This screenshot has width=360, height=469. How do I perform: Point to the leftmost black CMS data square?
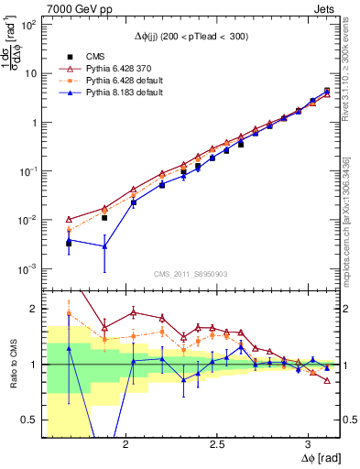click(x=69, y=243)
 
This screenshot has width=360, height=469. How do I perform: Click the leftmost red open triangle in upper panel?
click(x=69, y=220)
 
